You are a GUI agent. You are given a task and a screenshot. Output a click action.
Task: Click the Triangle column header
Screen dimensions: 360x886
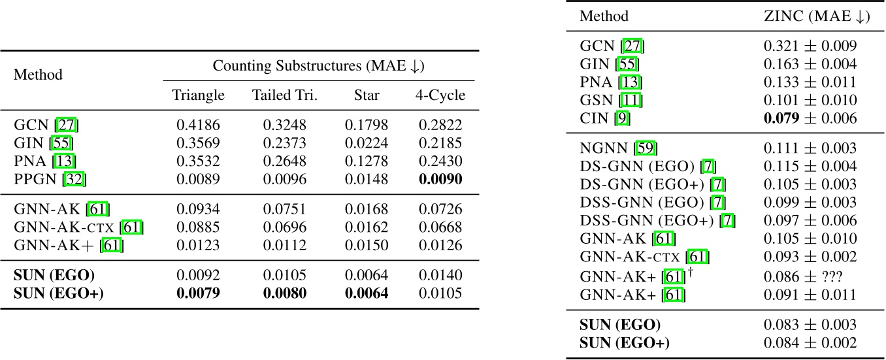pos(198,95)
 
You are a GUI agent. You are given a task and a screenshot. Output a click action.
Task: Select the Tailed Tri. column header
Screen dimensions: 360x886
pos(284,95)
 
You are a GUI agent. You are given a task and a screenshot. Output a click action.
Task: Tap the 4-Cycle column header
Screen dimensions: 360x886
pos(440,95)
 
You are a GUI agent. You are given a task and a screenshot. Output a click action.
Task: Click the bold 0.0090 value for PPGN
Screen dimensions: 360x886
pos(440,178)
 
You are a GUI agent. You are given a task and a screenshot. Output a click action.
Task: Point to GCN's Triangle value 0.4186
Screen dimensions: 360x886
pos(198,125)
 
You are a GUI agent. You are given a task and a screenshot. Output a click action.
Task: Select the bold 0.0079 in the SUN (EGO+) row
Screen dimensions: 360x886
pos(198,292)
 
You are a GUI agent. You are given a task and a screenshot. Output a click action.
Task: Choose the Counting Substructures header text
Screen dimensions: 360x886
pos(319,65)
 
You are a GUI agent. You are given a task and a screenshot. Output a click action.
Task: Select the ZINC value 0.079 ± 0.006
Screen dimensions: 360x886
pos(810,119)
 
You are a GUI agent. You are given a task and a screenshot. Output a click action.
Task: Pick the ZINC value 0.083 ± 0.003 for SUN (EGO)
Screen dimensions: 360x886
pos(810,325)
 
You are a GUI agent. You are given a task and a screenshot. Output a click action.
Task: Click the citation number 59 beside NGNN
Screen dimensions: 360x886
pos(648,149)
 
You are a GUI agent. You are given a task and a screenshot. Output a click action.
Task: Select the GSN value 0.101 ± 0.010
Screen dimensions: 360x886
pos(810,101)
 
